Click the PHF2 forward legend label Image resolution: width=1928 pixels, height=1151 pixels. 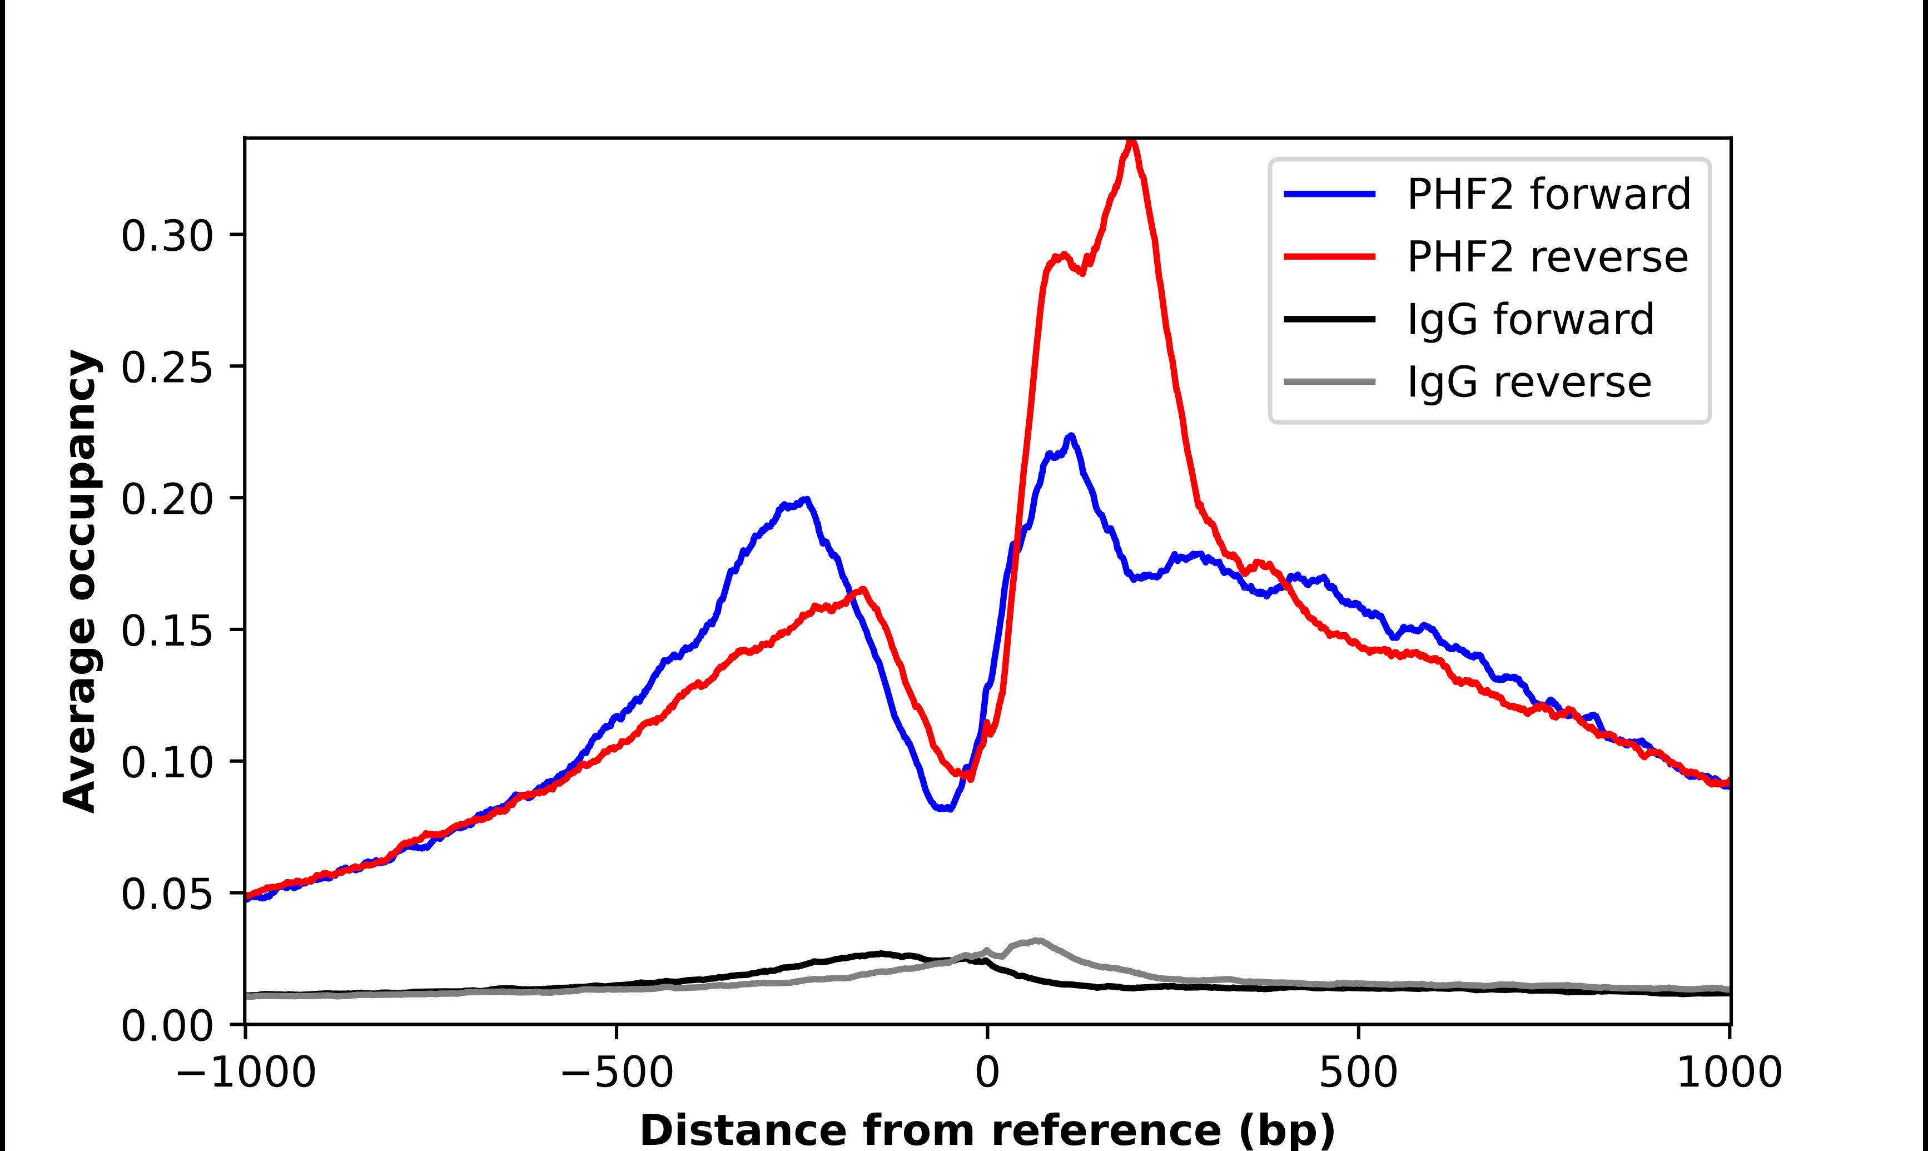pos(1548,194)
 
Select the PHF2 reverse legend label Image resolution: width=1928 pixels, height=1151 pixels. pos(1547,257)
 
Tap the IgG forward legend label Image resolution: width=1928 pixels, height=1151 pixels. pos(1531,320)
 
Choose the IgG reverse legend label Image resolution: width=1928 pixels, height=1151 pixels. pos(1529,383)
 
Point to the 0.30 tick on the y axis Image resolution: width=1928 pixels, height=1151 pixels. pos(166,235)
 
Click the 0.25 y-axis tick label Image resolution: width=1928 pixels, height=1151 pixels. pos(166,367)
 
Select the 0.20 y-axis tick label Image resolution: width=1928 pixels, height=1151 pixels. pos(166,498)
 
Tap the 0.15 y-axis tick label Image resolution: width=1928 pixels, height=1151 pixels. pos(166,630)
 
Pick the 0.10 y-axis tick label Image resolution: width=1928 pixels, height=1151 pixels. pos(166,762)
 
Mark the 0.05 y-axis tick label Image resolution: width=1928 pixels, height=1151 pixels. pos(166,894)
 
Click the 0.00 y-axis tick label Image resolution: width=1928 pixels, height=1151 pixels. pos(166,1025)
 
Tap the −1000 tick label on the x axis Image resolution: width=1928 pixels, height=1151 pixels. pos(246,1073)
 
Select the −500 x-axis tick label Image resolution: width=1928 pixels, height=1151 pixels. pos(617,1073)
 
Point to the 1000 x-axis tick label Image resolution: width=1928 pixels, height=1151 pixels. pos(1730,1073)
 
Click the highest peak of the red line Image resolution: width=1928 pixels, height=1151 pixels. pos(1132,141)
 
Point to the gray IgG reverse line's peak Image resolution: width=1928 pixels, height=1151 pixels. pos(1036,941)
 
